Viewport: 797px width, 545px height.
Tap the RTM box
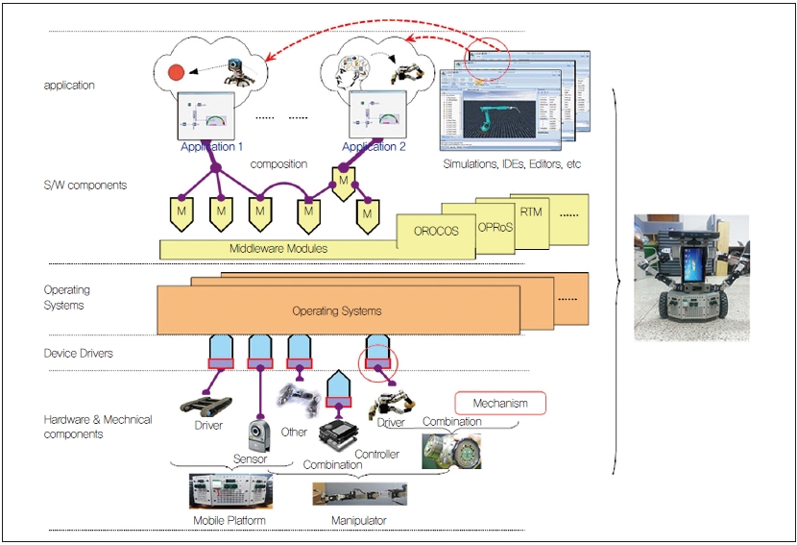531,211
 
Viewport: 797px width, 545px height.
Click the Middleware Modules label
278,249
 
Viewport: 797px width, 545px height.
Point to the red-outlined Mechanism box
500,403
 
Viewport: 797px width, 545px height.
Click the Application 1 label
211,147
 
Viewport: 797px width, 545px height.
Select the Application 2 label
374,147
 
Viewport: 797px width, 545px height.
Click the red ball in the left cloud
176,73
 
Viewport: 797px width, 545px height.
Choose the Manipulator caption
359,520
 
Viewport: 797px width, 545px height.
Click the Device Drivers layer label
78,353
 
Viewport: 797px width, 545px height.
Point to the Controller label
376,454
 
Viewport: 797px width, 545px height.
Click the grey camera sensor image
258,435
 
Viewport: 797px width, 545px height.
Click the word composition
278,164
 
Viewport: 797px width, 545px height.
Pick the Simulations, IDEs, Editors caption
512,164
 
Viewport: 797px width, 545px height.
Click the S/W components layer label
85,186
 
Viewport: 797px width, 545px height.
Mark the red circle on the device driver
377,362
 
